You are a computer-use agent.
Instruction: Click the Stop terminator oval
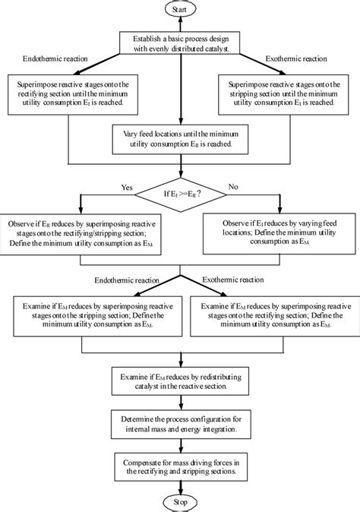179,502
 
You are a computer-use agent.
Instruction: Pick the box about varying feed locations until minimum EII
179,137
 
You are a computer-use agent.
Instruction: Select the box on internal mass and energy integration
179,423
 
